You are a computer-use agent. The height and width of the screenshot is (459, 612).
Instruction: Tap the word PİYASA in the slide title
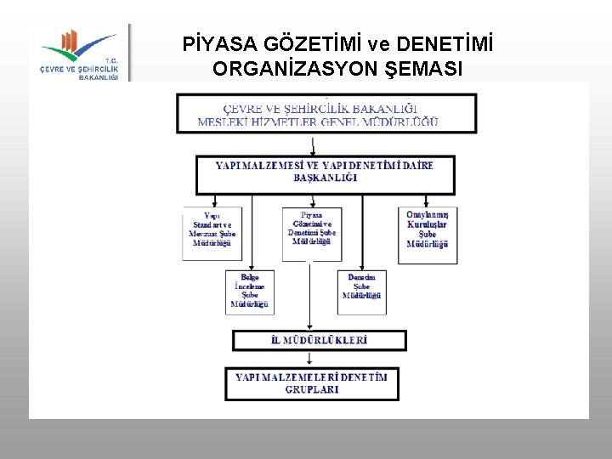(x=220, y=44)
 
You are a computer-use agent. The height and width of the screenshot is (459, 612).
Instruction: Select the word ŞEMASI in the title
(x=422, y=69)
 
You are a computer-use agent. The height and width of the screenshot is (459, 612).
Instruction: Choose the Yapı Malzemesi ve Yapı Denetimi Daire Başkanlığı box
(x=325, y=173)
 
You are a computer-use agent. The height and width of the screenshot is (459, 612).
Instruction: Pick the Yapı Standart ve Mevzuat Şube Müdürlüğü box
(x=212, y=232)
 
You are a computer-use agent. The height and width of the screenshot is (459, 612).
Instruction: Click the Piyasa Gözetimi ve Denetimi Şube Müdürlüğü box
(x=312, y=232)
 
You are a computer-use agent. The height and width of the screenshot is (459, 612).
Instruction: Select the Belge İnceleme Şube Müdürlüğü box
(x=250, y=291)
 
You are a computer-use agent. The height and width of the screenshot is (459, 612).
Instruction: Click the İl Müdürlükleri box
(x=319, y=340)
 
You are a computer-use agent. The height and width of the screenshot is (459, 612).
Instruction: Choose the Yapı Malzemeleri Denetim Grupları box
(x=312, y=383)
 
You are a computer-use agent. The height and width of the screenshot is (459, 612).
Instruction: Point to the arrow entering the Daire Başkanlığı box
(x=314, y=146)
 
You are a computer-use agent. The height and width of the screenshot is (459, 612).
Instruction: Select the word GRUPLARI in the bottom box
(x=312, y=389)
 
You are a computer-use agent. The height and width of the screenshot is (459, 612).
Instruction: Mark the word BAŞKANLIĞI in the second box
(x=325, y=178)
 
